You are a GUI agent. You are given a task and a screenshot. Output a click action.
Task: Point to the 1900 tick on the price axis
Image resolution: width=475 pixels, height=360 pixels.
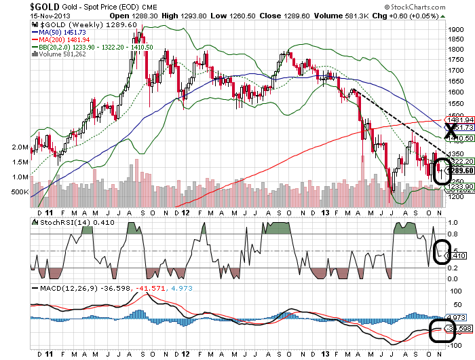point(455,30)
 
